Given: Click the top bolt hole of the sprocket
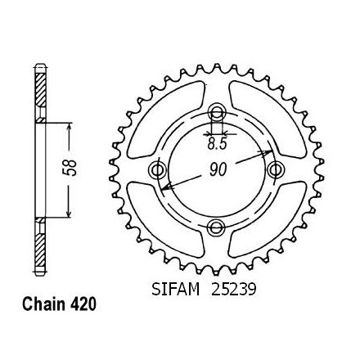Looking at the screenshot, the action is (217, 111).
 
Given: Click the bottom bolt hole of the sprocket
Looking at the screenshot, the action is (217, 227).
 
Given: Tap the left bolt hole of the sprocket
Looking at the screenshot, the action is (157, 170).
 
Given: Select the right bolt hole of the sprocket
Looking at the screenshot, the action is (276, 169).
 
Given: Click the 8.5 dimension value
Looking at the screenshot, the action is (217, 144).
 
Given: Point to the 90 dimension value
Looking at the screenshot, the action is (218, 169).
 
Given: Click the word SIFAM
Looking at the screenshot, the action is (176, 290).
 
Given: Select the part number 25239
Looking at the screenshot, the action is (233, 290).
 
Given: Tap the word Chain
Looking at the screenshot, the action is (44, 304).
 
